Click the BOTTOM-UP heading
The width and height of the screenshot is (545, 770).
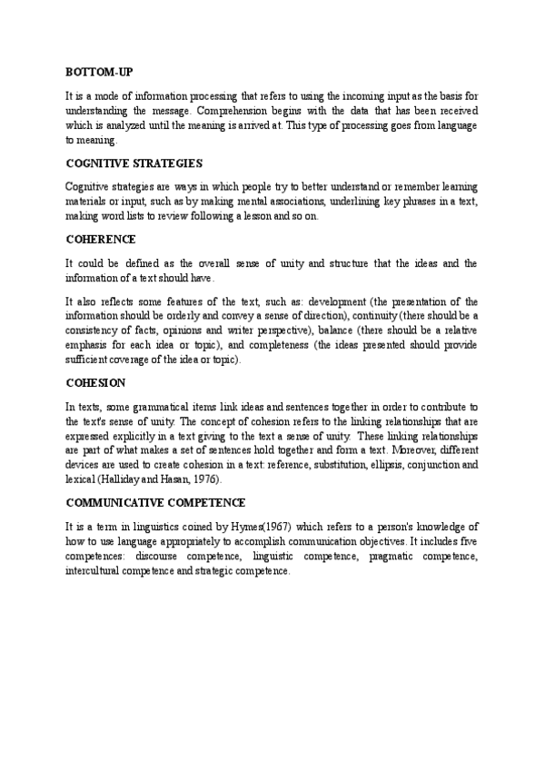[100, 71]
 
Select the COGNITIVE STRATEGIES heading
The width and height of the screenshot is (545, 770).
[134, 163]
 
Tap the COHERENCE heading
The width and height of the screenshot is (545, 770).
[101, 240]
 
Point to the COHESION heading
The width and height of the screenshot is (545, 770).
[95, 383]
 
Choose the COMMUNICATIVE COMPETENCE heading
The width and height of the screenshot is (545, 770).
[156, 502]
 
